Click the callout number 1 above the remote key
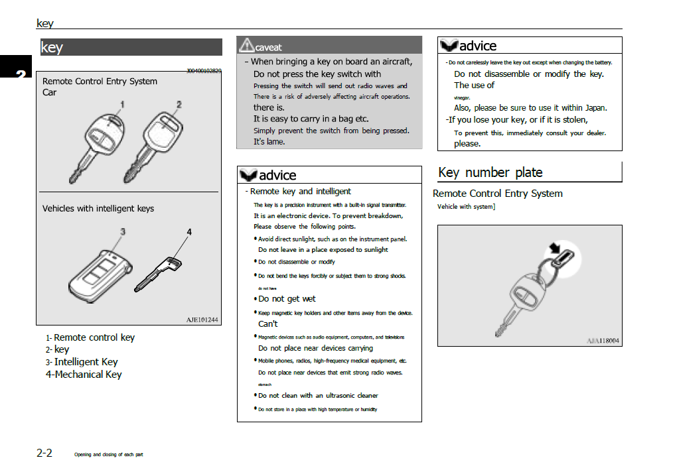[122, 104]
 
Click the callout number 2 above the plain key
[179, 104]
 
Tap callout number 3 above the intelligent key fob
[122, 231]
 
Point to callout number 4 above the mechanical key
[189, 232]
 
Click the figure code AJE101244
[202, 320]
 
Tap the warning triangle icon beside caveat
[246, 45]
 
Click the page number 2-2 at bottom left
[44, 453]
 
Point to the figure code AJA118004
[603, 341]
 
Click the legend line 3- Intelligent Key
[82, 362]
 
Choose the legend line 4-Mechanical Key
[84, 375]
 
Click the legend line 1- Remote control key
[90, 337]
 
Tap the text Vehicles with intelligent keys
[98, 208]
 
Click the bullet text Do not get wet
[287, 299]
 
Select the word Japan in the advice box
[593, 107]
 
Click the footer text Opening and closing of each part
[108, 455]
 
